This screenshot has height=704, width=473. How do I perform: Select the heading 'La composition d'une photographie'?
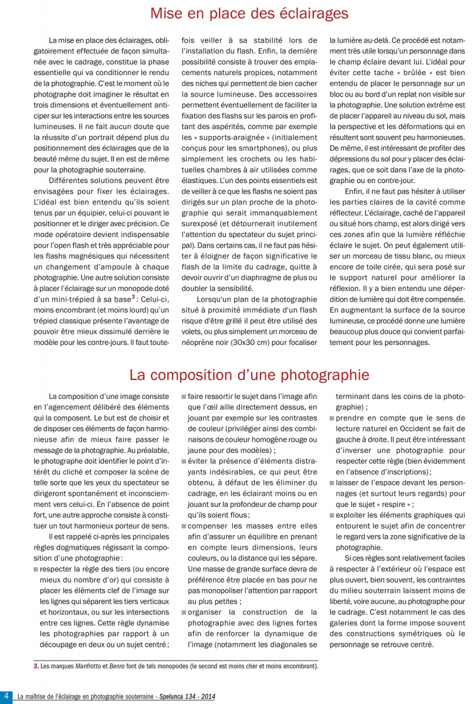[249, 374]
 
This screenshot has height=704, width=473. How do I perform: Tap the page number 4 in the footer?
[7, 696]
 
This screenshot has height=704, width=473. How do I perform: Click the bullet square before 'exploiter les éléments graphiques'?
[332, 514]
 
